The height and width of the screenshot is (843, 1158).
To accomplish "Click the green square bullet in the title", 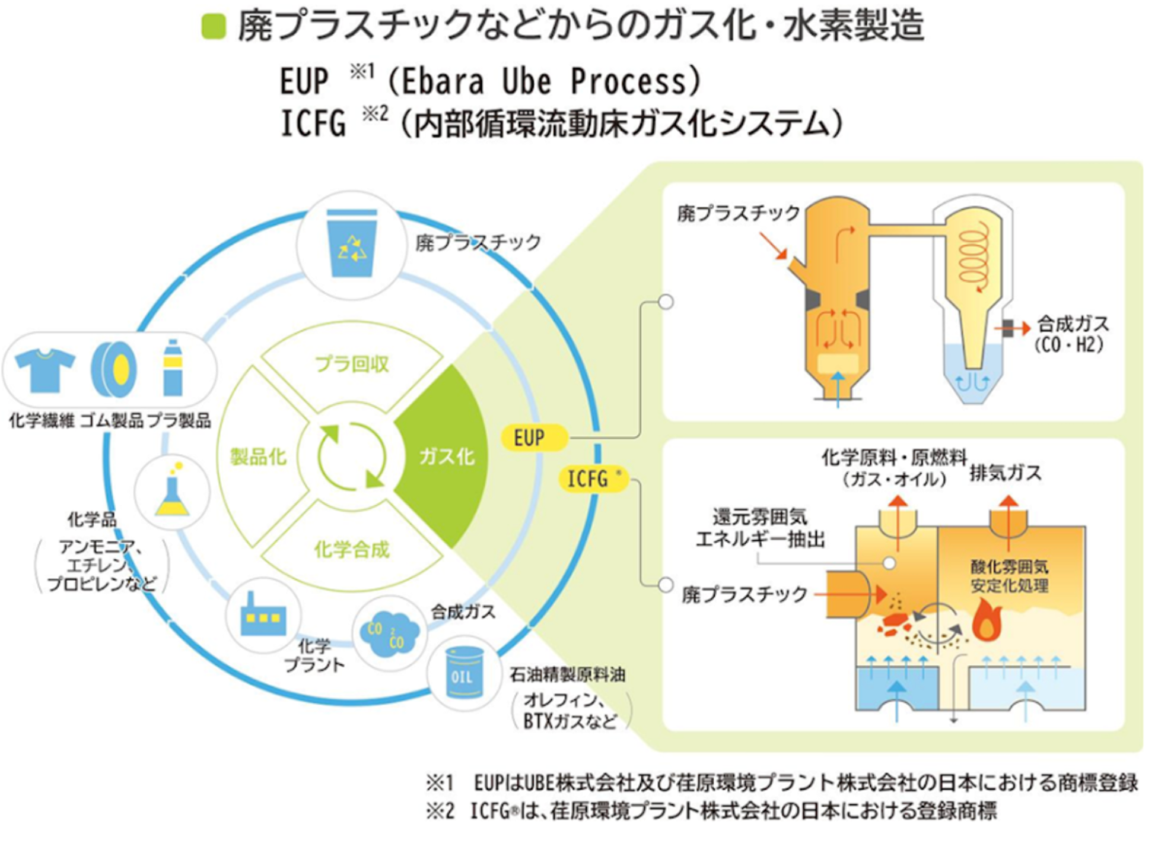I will coord(214,27).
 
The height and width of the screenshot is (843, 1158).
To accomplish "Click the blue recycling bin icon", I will coord(352,243).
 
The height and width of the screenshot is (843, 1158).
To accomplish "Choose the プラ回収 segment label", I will coord(351,363).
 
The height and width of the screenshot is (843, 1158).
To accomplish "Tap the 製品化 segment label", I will coord(258,457).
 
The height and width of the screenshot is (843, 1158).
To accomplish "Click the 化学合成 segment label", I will coord(351,550).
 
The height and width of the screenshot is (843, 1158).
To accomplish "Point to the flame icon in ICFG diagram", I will coord(987,620).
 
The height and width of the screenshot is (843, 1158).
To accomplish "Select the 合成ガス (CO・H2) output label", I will coord(1071,334).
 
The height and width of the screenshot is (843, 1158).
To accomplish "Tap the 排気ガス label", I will coord(1006,473).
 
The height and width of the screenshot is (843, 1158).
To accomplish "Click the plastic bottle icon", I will coord(173,368).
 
